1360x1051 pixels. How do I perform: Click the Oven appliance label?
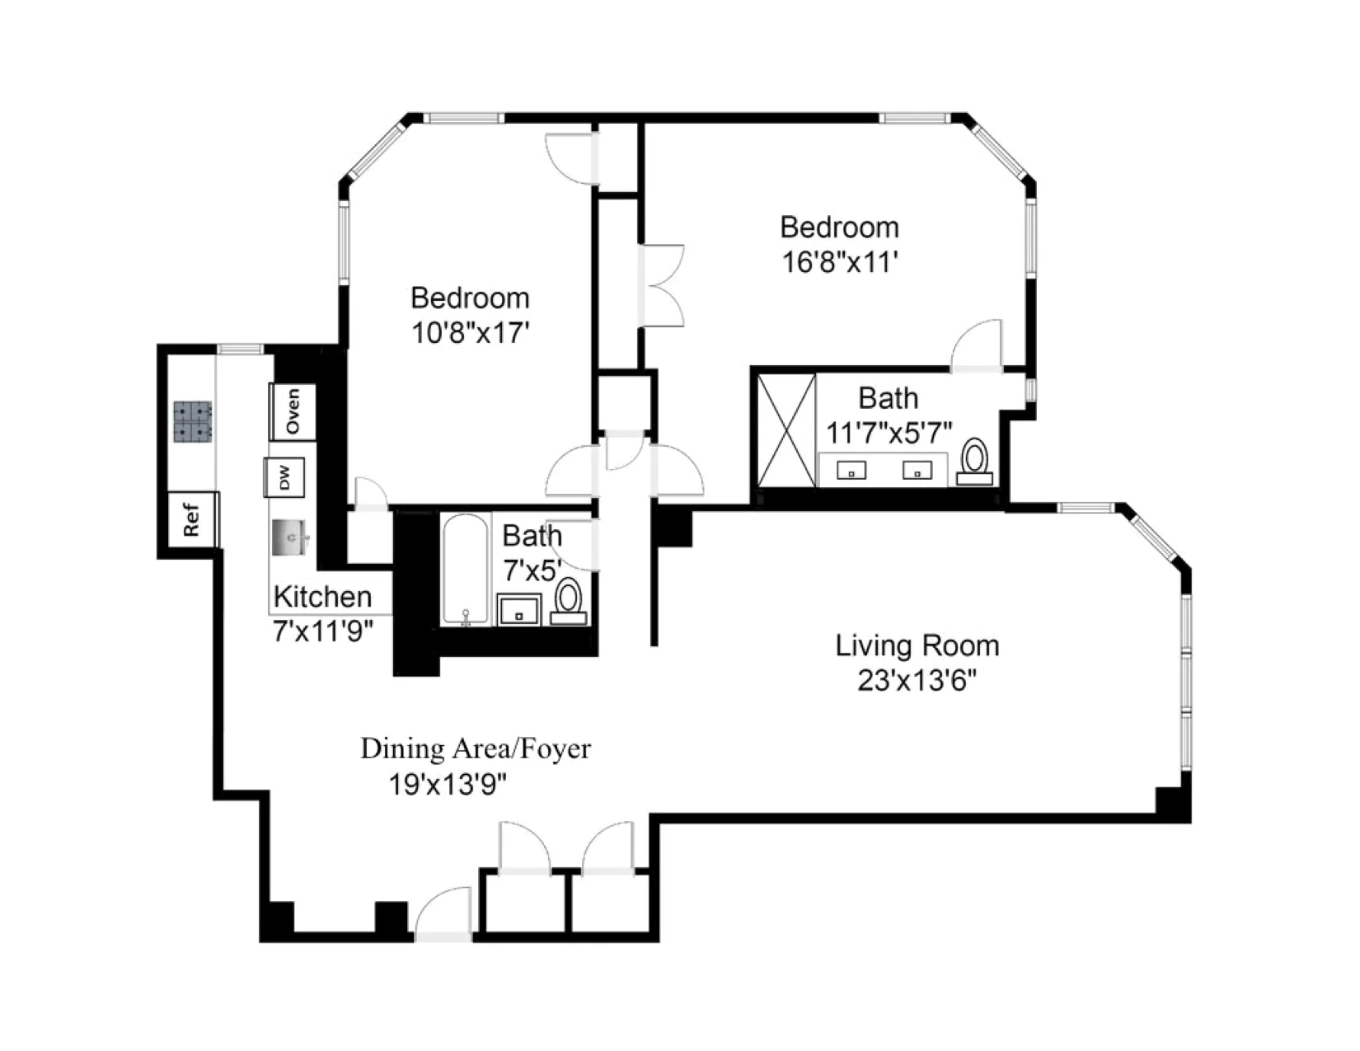click(x=293, y=412)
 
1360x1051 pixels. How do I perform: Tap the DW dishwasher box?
click(x=284, y=477)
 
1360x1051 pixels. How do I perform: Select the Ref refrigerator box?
click(x=192, y=519)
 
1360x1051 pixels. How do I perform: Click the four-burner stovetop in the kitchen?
click(x=193, y=422)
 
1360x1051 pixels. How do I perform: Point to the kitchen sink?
click(x=289, y=537)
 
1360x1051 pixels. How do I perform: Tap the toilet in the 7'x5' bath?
click(x=568, y=599)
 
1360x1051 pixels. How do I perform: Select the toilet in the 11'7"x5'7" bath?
click(x=975, y=460)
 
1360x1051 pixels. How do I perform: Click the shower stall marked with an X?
click(x=786, y=430)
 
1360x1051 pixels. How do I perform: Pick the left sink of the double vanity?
click(x=851, y=470)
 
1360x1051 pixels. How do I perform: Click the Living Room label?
click(x=917, y=645)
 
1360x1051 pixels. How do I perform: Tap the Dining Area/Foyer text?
click(x=476, y=749)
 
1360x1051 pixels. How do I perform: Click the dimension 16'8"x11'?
click(x=839, y=262)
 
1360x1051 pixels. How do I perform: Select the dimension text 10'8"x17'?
click(x=470, y=333)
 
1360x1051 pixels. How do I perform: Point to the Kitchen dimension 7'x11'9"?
click(x=323, y=631)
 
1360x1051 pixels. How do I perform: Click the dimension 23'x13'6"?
click(x=917, y=682)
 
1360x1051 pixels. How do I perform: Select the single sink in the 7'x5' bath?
click(x=519, y=612)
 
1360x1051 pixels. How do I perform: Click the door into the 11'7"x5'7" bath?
click(x=978, y=346)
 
